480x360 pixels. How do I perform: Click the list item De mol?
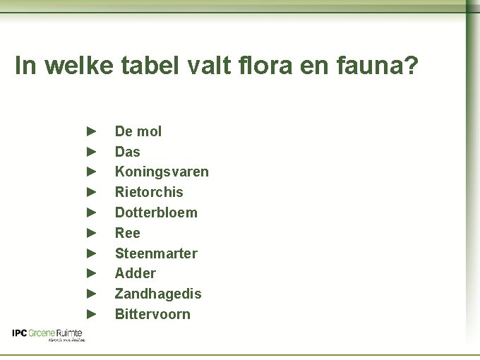[138, 131]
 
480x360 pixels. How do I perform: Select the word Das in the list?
[128, 152]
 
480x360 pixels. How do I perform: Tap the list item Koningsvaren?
[162, 172]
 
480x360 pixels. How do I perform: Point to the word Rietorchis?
[149, 192]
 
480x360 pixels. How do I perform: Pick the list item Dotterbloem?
[156, 212]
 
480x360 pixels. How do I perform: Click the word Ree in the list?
[128, 233]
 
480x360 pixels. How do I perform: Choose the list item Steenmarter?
[156, 253]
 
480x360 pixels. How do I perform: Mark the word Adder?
[136, 273]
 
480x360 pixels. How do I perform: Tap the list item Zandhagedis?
[158, 294]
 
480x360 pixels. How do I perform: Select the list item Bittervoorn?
[152, 314]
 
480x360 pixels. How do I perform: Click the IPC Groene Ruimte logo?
[48, 335]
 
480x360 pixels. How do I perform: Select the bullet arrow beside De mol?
[90, 131]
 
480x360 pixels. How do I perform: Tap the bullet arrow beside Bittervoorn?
[90, 314]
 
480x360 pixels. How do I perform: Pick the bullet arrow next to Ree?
[90, 233]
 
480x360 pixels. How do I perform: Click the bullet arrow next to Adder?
[90, 273]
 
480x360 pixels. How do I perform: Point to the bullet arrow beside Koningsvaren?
[90, 172]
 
